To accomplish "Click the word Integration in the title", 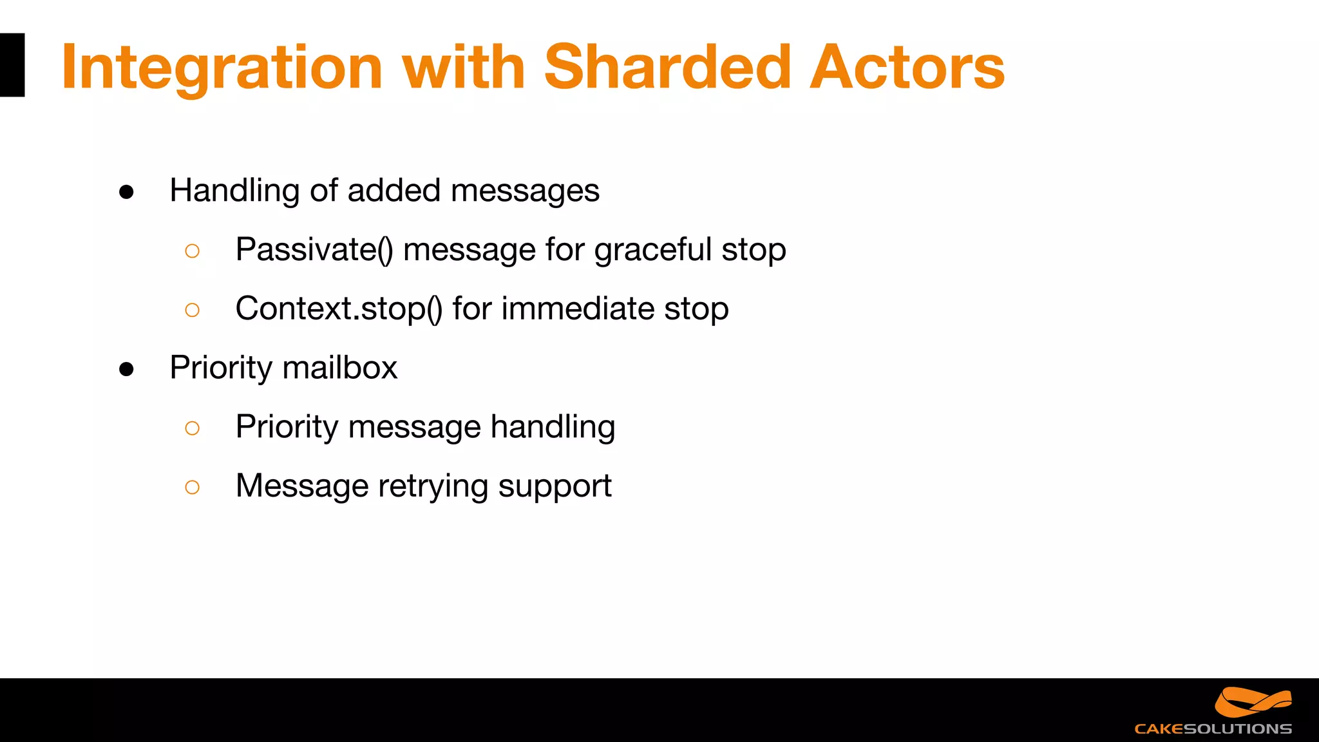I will [222, 68].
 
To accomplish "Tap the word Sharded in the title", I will [667, 66].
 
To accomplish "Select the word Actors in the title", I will [907, 66].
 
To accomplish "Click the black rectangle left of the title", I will [12, 65].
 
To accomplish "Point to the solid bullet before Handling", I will [126, 192].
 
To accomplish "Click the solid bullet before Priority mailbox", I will [126, 369].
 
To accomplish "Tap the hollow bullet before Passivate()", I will [192, 251].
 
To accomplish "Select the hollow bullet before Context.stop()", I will [192, 310].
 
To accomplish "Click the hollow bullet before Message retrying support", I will [192, 487].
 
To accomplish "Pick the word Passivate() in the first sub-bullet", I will [314, 249].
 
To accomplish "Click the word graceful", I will [652, 250].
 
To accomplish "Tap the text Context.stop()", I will [339, 309].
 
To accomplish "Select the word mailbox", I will [339, 368].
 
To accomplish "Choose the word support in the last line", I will [555, 487].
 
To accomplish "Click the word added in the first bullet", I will [394, 191].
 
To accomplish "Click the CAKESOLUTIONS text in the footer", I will [1213, 729].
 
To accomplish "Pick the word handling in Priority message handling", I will [553, 427].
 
